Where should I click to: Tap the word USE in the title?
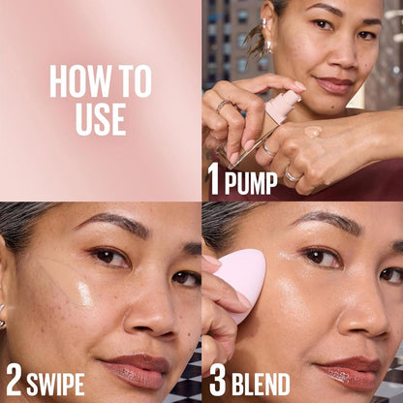tap(101, 117)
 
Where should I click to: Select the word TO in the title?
tap(137, 82)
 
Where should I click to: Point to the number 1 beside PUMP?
tap(214, 177)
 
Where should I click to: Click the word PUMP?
tap(251, 180)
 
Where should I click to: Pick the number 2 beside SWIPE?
tap(14, 379)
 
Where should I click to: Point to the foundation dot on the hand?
tap(312, 131)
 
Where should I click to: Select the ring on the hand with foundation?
tap(293, 175)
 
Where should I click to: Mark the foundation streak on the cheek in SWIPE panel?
tap(60, 281)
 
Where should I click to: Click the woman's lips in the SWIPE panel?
tap(140, 366)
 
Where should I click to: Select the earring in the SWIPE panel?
tap(3, 318)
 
